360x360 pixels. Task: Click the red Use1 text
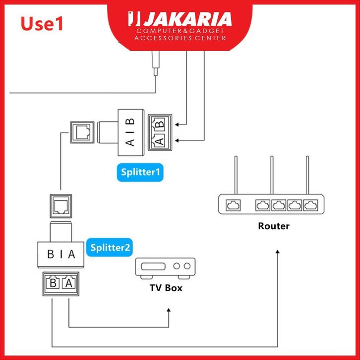pyautogui.click(x=42, y=23)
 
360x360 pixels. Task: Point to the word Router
pyautogui.click(x=274, y=226)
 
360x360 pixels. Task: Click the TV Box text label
pyautogui.click(x=166, y=288)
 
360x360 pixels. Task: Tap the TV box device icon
pyautogui.click(x=166, y=268)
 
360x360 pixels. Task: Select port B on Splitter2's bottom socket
pyautogui.click(x=52, y=284)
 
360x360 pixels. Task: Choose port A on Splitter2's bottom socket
pyautogui.click(x=68, y=284)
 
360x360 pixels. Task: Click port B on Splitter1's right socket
pyautogui.click(x=160, y=124)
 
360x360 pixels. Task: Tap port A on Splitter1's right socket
pyautogui.click(x=160, y=141)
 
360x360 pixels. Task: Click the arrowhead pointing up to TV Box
pyautogui.click(x=169, y=310)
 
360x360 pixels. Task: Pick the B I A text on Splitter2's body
pyautogui.click(x=61, y=254)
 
